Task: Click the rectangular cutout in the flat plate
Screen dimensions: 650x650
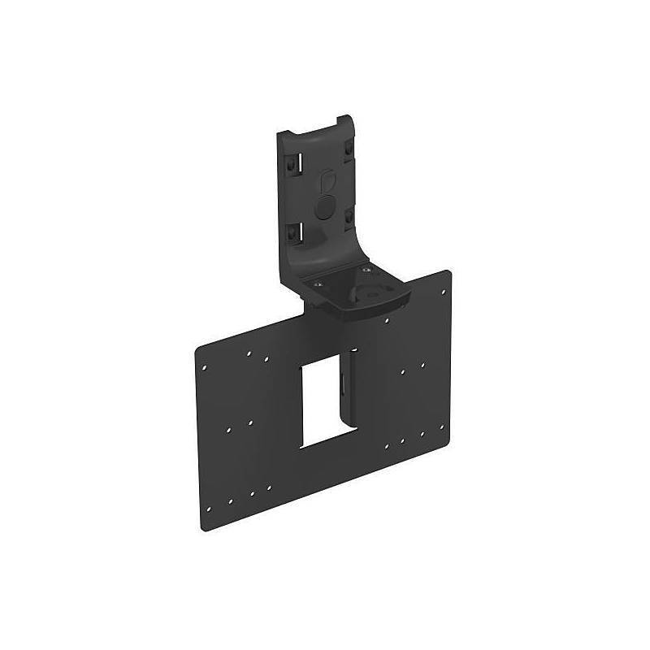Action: tap(323, 403)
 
